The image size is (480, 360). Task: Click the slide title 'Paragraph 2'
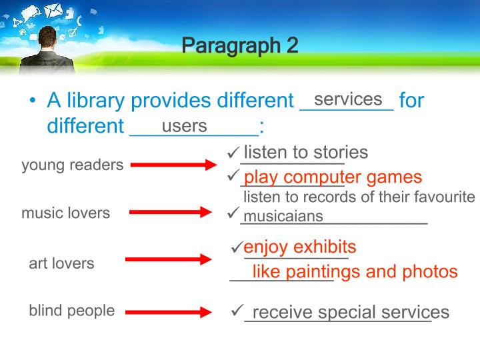[x=240, y=46]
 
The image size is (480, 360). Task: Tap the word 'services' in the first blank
[x=348, y=99]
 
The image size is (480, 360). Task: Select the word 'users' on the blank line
[x=184, y=126]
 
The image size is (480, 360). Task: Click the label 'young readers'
[x=73, y=165]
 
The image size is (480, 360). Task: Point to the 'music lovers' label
[x=66, y=213]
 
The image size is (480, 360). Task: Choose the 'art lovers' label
[x=61, y=263]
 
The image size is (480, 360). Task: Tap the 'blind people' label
[x=72, y=311]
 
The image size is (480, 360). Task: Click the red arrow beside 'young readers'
[x=174, y=165]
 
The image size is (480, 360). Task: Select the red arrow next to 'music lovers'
[x=171, y=212]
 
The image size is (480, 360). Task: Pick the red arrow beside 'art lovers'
[x=169, y=259]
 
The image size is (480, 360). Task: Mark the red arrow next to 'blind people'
[x=169, y=312]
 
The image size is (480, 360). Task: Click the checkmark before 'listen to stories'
[x=233, y=151]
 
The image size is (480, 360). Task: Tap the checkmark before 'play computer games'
[x=233, y=175]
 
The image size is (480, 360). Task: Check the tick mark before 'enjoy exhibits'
[x=237, y=247]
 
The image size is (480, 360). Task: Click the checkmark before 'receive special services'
[x=237, y=310]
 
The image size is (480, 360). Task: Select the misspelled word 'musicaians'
[x=283, y=216]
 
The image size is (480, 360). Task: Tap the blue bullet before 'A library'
[x=33, y=100]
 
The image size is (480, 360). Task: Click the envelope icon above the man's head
[x=53, y=11]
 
